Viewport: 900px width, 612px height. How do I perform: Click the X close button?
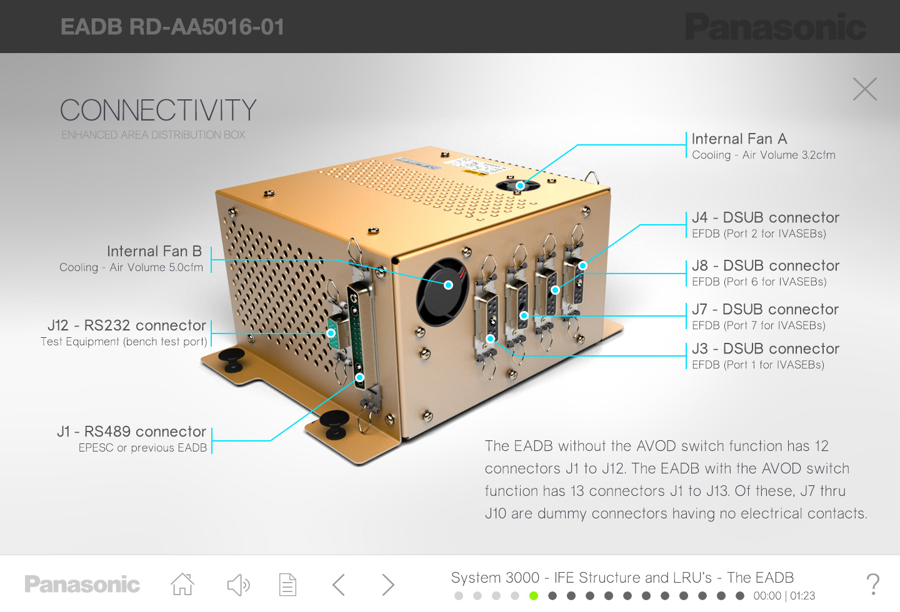pyautogui.click(x=864, y=89)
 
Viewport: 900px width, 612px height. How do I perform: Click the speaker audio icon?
pyautogui.click(x=238, y=585)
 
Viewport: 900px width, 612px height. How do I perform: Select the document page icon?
pyautogui.click(x=287, y=585)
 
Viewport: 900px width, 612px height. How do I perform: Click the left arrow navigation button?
pyautogui.click(x=339, y=585)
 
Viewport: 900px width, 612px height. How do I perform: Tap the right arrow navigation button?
pyautogui.click(x=387, y=585)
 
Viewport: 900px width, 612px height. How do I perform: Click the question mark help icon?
pyautogui.click(x=872, y=585)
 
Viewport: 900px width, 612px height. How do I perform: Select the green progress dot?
pyautogui.click(x=534, y=596)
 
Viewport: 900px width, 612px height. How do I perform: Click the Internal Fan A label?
pyautogui.click(x=739, y=139)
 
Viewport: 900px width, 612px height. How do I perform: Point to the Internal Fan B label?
pyautogui.click(x=154, y=252)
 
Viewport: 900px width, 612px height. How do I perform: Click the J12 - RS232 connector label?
pyautogui.click(x=127, y=325)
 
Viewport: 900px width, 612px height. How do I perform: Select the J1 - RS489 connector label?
pyautogui.click(x=131, y=432)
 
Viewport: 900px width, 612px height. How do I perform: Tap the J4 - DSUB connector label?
pyautogui.click(x=766, y=218)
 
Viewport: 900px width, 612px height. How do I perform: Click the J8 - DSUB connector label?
pyautogui.click(x=766, y=266)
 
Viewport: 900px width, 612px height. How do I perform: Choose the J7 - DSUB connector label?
pyautogui.click(x=766, y=309)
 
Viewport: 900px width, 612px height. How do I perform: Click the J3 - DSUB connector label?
pyautogui.click(x=766, y=348)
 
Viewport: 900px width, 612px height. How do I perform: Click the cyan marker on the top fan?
pyautogui.click(x=520, y=185)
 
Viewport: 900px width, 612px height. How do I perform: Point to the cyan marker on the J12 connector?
pyautogui.click(x=331, y=333)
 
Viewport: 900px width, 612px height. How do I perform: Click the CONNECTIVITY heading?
pyautogui.click(x=158, y=110)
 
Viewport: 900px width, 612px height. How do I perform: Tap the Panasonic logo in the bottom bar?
pyautogui.click(x=82, y=585)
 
